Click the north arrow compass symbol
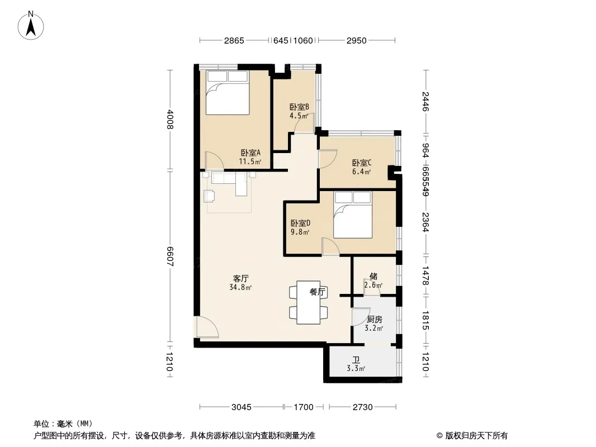[x=31, y=26]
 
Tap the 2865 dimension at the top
[x=234, y=41]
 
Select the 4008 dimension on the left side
[x=170, y=119]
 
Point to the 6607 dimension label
[x=170, y=256]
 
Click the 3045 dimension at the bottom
[x=242, y=407]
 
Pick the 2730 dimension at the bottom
[x=363, y=407]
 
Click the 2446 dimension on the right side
[x=425, y=101]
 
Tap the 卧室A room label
[x=250, y=153]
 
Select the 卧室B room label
[x=299, y=107]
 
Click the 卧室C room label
[x=362, y=163]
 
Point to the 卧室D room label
[x=300, y=223]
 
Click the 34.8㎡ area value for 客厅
[x=240, y=287]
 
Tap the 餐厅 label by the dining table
[x=317, y=292]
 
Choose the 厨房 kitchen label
[x=375, y=320]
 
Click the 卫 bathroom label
[x=356, y=359]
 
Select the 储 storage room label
[x=373, y=276]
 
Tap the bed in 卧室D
[x=353, y=215]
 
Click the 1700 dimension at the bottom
[x=304, y=407]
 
